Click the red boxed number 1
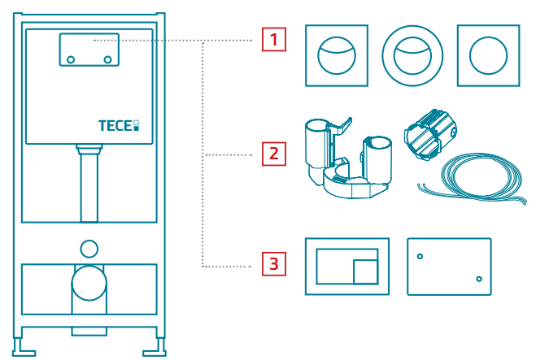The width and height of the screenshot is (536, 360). pos(274,39)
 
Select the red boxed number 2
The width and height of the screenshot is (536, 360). pos(274,152)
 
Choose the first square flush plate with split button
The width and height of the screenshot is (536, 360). pos(336,55)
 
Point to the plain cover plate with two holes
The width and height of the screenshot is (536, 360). pos(448,267)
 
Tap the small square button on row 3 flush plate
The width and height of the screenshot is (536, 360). pos(365,269)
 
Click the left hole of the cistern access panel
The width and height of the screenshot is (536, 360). pos(71,59)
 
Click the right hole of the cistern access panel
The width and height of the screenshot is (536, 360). pos(107,59)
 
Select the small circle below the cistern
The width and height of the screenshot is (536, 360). pos(89,248)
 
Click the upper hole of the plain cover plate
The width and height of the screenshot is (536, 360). pos(421,257)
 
